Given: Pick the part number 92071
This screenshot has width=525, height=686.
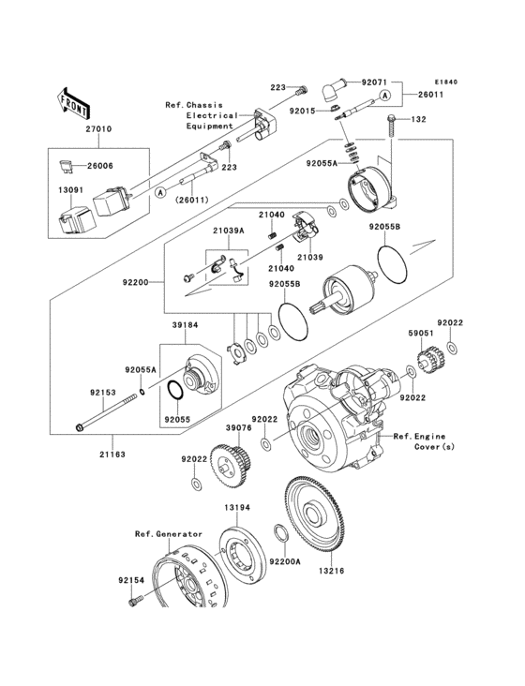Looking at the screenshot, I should pyautogui.click(x=373, y=82).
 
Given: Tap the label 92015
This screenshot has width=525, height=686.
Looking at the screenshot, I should pyautogui.click(x=305, y=110).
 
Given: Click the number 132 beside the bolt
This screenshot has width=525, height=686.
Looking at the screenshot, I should pyautogui.click(x=419, y=120).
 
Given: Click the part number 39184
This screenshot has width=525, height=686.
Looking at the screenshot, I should pyautogui.click(x=186, y=326).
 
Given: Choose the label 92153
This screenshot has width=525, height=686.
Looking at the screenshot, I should pyautogui.click(x=103, y=393).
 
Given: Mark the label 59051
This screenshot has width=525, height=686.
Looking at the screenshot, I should pyautogui.click(x=420, y=332).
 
